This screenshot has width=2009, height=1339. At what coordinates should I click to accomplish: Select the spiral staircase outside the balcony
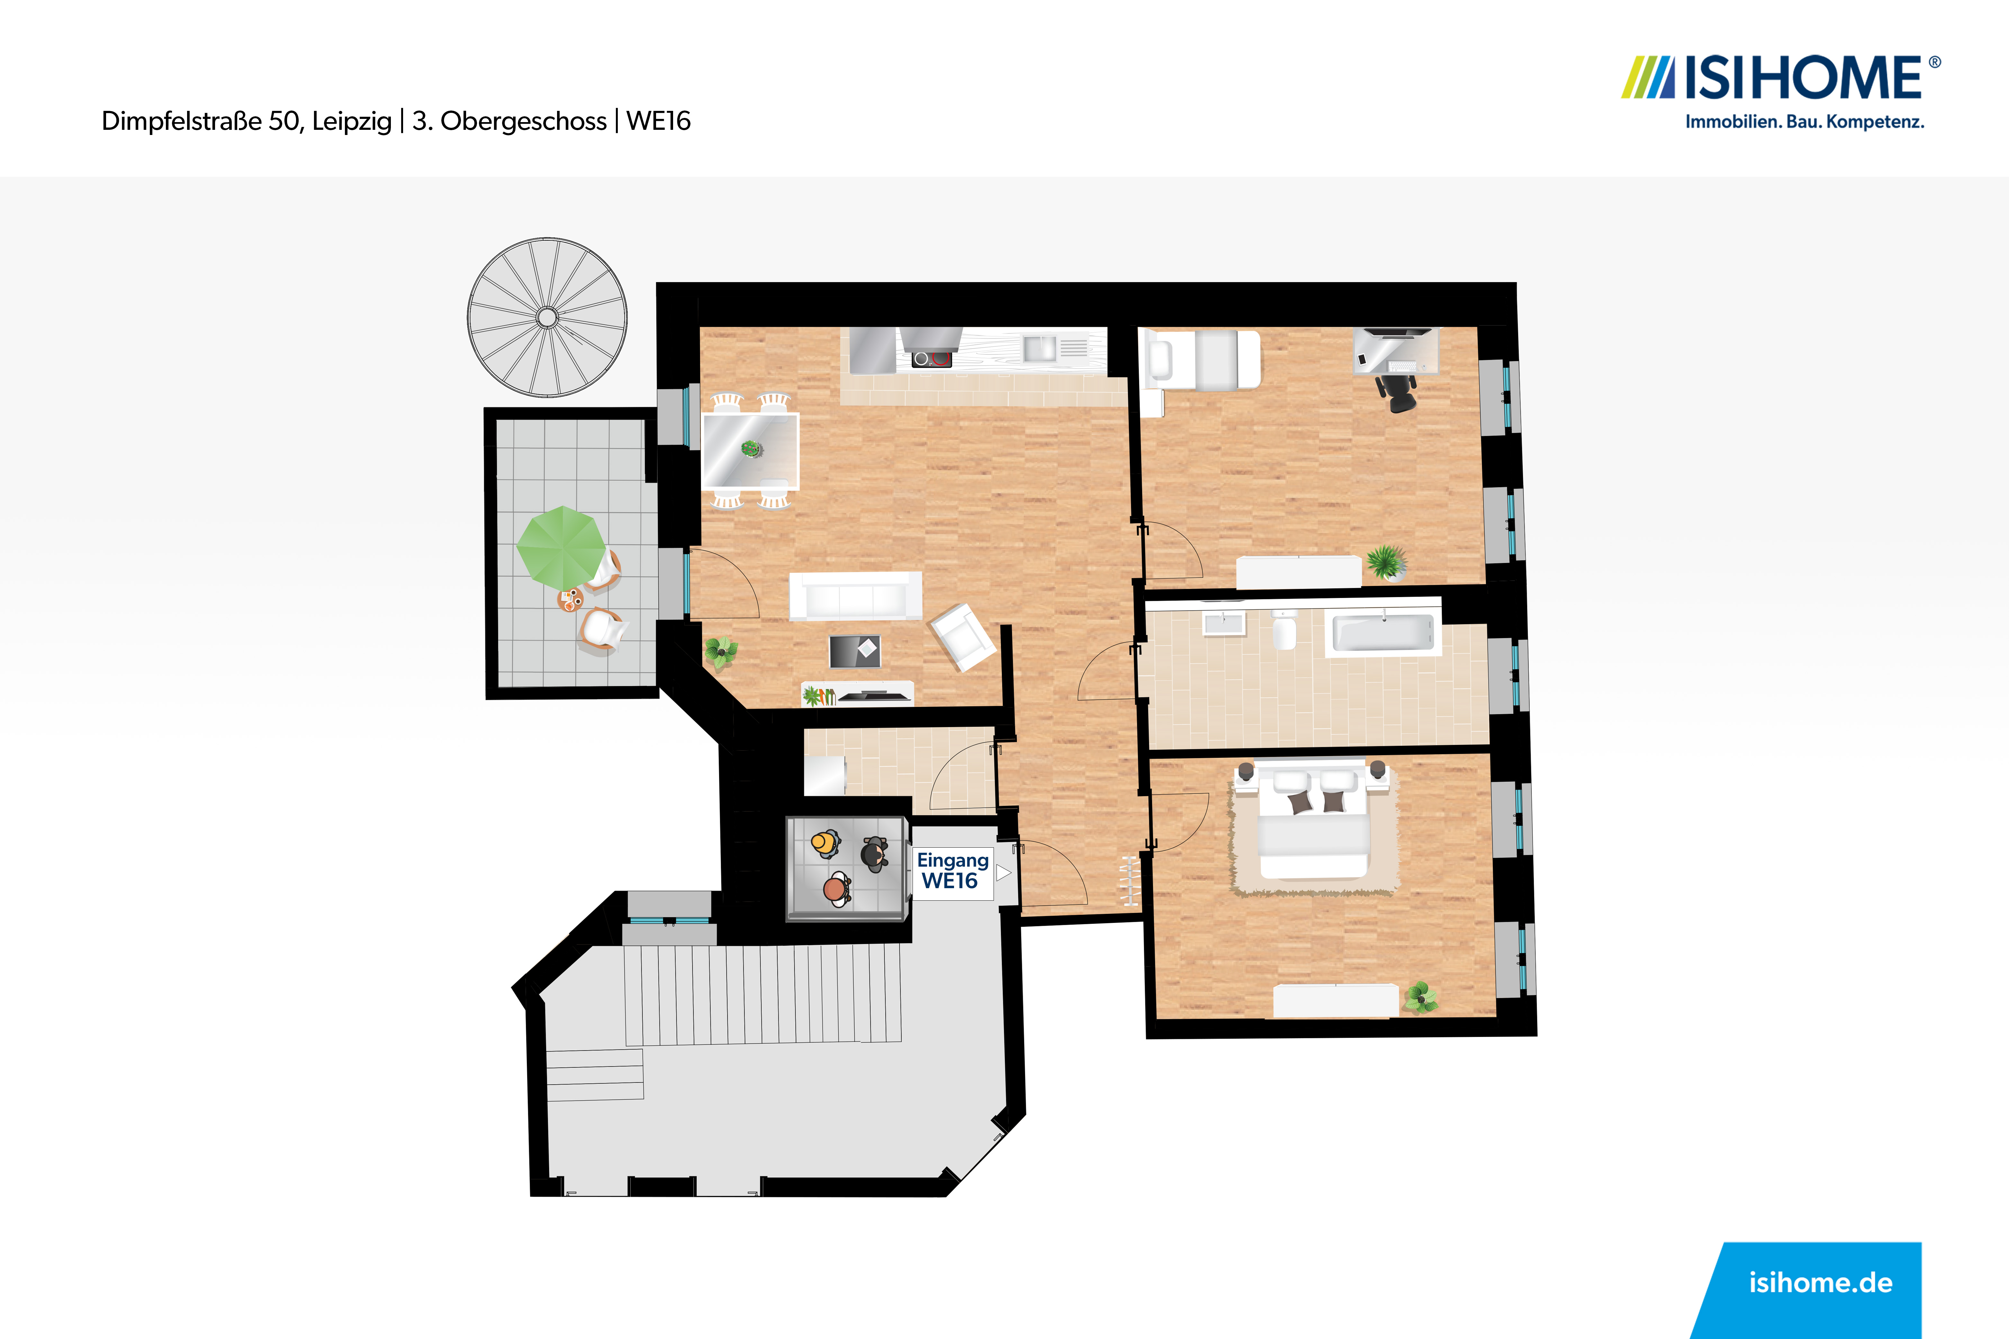point(547,318)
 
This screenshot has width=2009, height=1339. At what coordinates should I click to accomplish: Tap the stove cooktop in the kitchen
point(931,359)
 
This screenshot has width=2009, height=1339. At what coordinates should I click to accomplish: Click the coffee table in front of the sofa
point(855,651)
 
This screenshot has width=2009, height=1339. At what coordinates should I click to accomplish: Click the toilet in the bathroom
point(1284,629)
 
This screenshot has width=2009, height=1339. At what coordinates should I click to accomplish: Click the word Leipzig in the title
point(352,121)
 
